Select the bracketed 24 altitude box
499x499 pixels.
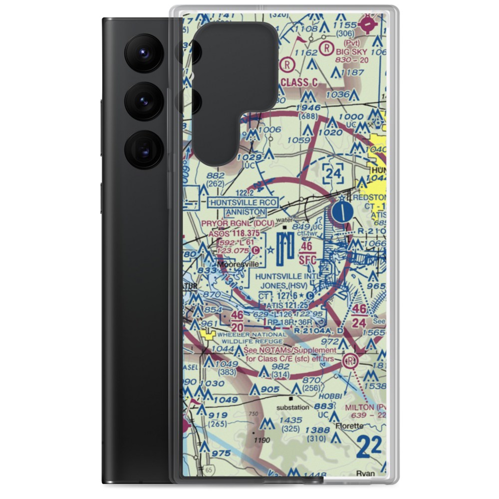coord(333,173)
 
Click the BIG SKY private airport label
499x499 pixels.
coord(351,51)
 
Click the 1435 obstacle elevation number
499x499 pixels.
coord(290,421)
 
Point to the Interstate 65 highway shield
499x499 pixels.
coord(208,469)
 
